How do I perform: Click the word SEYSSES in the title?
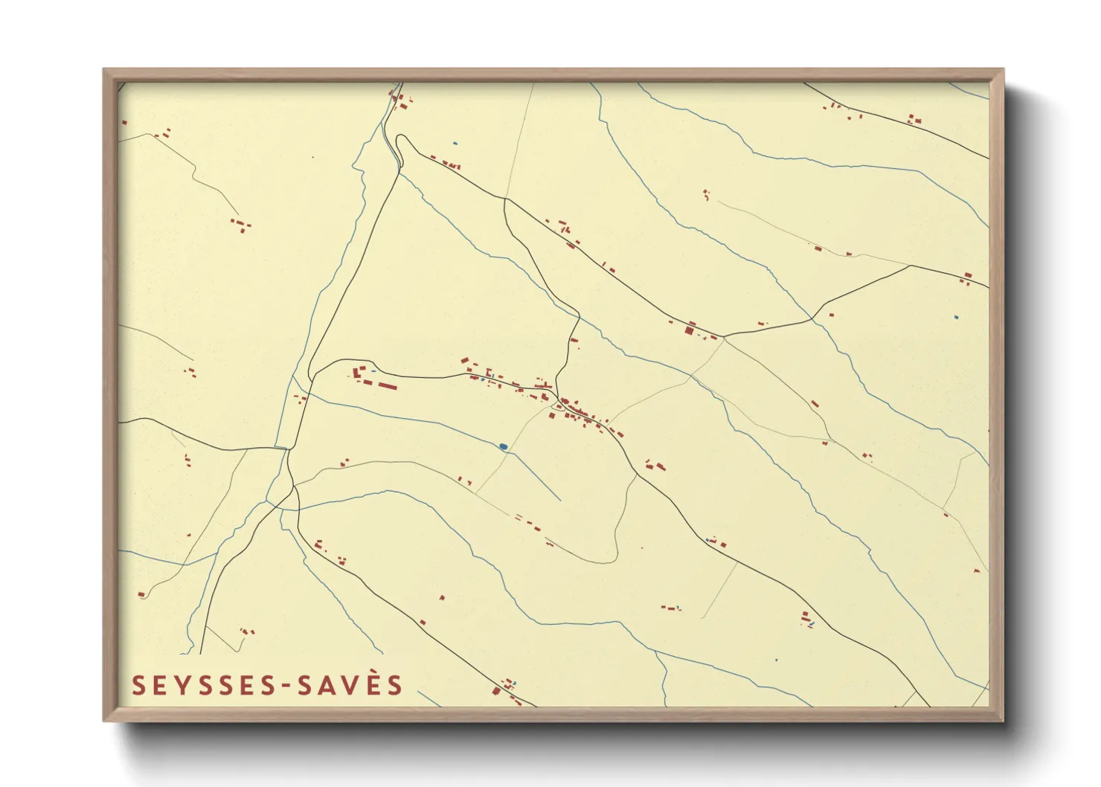[205, 686]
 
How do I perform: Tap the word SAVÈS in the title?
[350, 685]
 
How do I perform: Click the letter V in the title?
[350, 686]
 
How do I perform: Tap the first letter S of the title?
[138, 686]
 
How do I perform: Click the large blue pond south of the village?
[504, 446]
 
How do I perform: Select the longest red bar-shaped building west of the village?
[387, 386]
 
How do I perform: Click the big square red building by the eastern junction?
[690, 330]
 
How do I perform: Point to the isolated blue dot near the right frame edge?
[957, 318]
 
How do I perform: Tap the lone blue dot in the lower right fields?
[777, 659]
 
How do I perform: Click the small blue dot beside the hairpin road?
[455, 143]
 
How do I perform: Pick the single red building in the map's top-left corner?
[124, 122]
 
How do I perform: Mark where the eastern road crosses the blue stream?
[812, 317]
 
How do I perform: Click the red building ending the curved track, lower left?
[141, 594]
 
